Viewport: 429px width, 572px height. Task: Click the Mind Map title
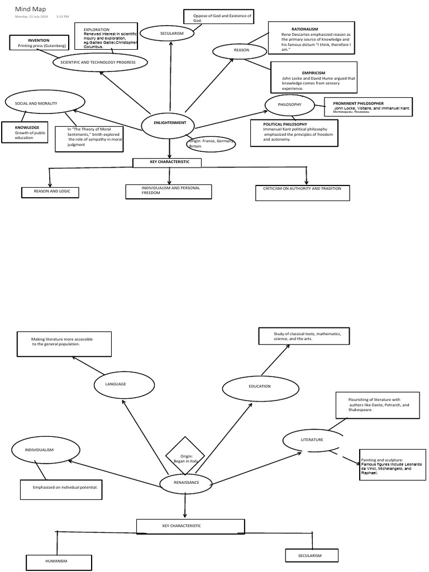(31, 9)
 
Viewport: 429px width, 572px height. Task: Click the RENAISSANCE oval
(186, 483)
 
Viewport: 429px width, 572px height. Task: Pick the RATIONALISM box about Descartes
(313, 39)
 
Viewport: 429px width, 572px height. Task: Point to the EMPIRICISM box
(313, 77)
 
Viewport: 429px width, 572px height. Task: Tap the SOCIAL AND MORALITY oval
(45, 103)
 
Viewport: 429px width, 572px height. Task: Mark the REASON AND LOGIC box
(50, 192)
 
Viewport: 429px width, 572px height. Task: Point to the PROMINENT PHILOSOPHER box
(368, 107)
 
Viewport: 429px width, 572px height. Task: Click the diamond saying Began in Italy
(185, 458)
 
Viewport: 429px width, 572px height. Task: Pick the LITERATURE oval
(312, 440)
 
